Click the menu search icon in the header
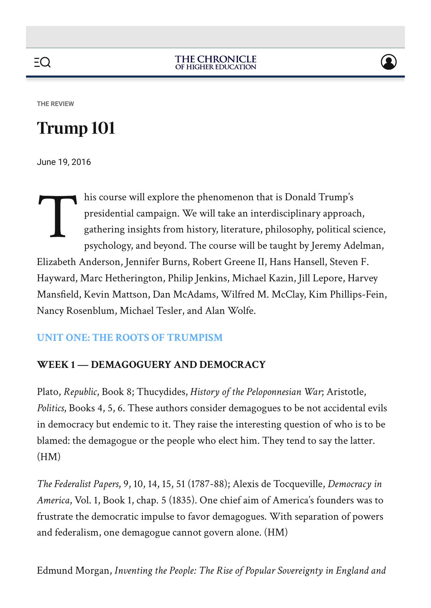pos(42,62)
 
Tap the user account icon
pos(388,62)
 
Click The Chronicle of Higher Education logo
pos(215,62)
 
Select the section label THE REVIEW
pos(56,104)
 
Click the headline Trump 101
pos(76,128)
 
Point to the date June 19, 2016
pos(64,162)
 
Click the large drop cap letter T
pos(57,217)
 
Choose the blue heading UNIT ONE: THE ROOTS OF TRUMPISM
pos(130,337)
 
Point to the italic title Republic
pos(81,392)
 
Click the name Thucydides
pos(161,392)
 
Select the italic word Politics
pos(51,408)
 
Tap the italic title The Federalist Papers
pos(78,484)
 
